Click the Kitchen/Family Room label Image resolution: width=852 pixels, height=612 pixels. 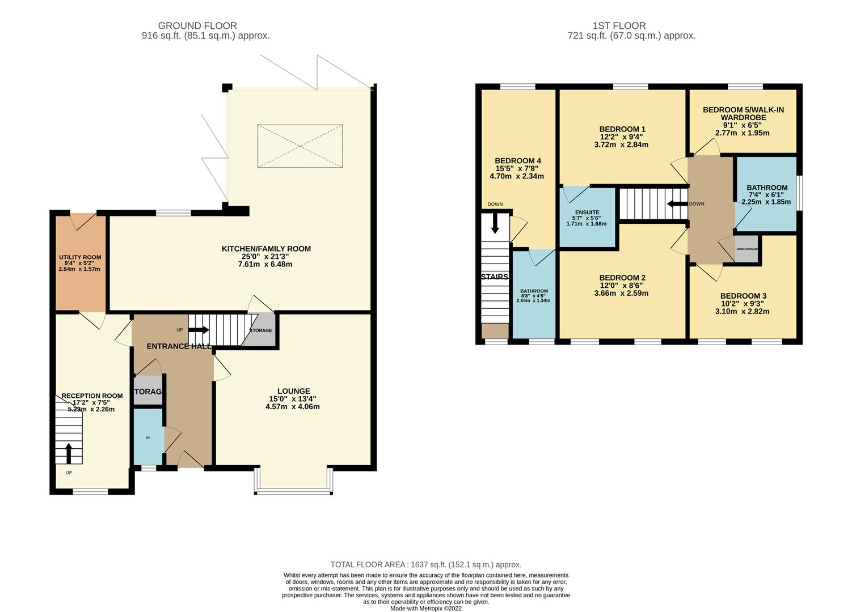[x=266, y=249]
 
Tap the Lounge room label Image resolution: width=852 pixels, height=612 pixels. [x=293, y=391]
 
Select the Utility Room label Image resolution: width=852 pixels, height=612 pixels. [x=80, y=257]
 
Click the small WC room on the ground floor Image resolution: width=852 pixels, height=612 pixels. [x=148, y=437]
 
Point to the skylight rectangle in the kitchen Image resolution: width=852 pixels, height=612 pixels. [x=300, y=146]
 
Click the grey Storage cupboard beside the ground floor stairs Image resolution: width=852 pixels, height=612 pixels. [x=260, y=330]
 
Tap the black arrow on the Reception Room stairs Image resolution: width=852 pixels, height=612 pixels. [x=69, y=453]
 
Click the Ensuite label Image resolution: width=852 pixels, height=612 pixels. [x=587, y=212]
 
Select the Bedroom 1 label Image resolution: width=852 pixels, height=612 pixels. [x=622, y=129]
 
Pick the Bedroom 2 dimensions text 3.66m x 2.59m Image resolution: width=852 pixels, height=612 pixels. [x=621, y=293]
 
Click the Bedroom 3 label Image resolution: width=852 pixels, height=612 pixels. [x=743, y=296]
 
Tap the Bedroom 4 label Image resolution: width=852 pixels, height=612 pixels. [x=517, y=160]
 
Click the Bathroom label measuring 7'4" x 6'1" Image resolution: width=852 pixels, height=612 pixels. [x=766, y=188]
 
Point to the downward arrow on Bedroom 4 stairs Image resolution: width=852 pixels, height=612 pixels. [x=495, y=223]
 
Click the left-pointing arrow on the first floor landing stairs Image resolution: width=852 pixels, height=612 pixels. [x=677, y=203]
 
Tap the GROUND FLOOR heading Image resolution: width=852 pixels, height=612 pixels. [x=197, y=25]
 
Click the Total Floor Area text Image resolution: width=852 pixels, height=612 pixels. [x=425, y=564]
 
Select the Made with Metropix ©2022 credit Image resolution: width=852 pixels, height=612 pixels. [x=425, y=608]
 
